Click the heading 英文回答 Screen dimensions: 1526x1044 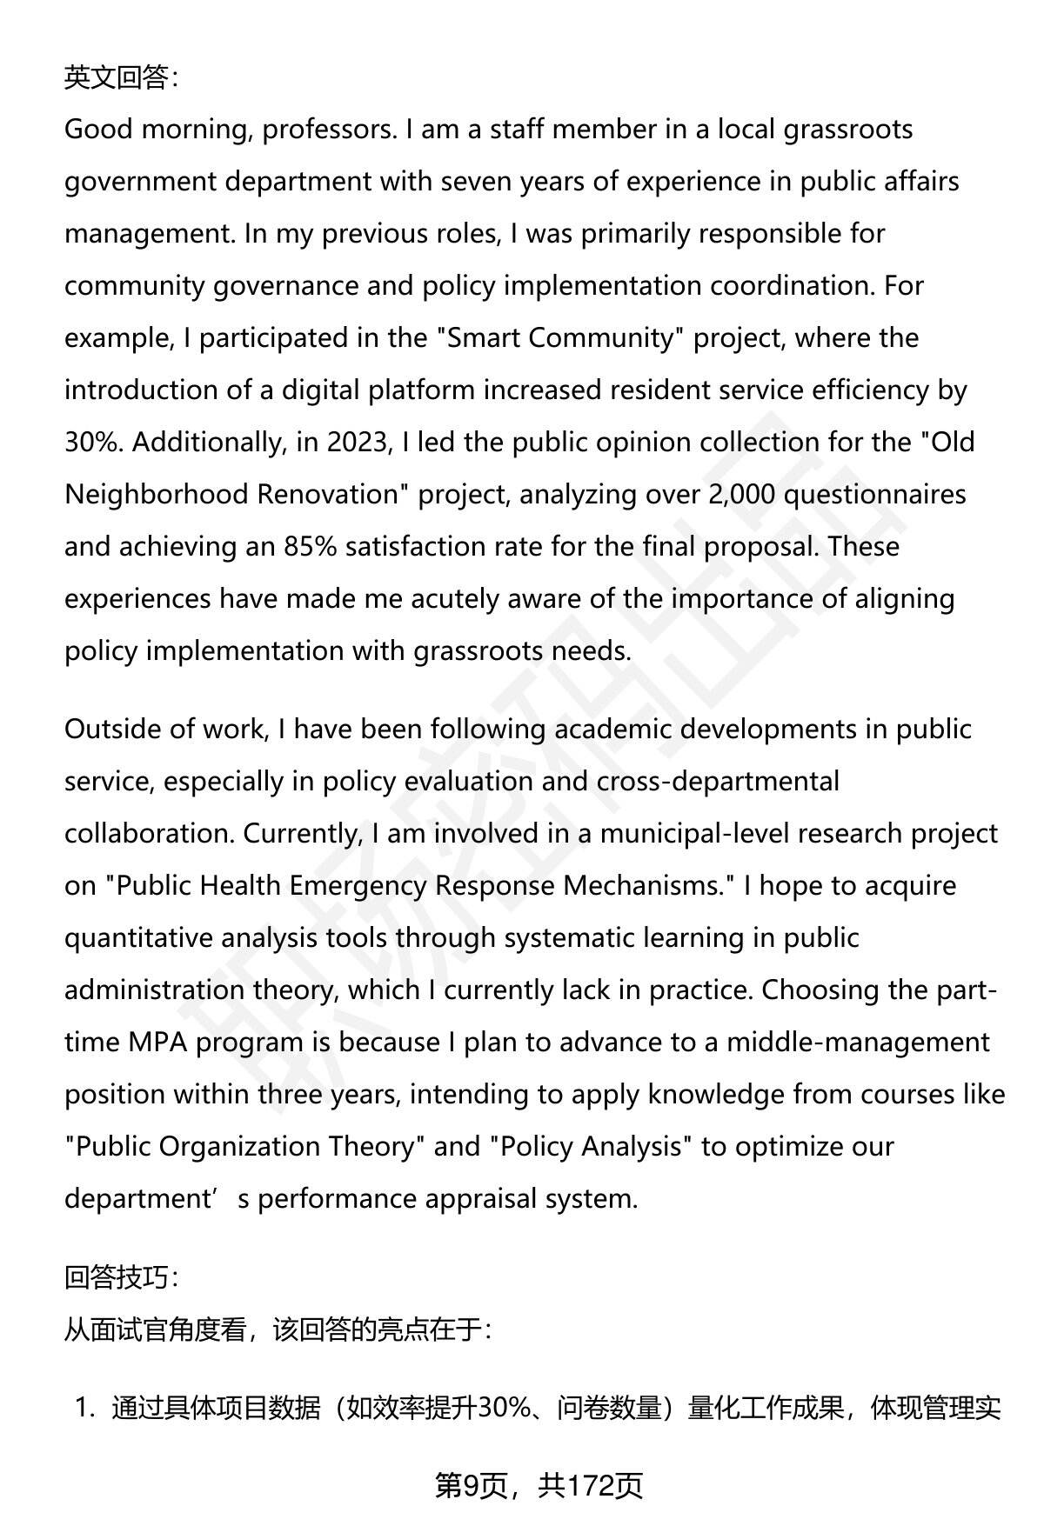pos(120,78)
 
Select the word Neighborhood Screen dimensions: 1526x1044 pos(157,495)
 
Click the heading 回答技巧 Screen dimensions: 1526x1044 pos(120,1277)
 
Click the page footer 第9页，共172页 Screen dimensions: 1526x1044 pos(539,1486)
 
